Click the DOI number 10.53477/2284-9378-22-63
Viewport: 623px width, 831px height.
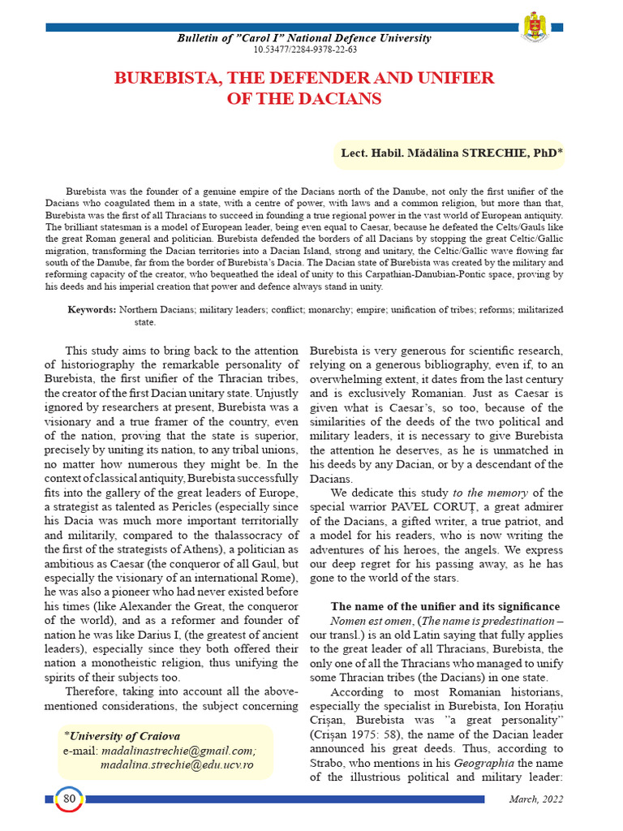(x=305, y=50)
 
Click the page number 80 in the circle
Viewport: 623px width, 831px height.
(x=69, y=799)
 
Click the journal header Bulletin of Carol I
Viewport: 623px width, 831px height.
(x=305, y=38)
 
